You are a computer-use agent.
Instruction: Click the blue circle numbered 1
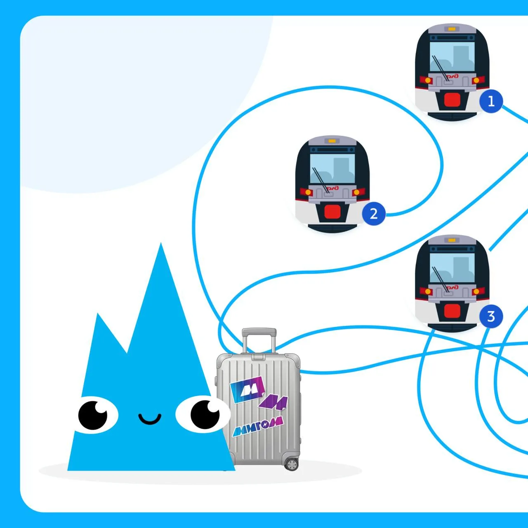click(491, 101)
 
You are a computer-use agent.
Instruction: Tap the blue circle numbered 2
click(373, 214)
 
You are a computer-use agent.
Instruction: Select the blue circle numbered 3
click(491, 316)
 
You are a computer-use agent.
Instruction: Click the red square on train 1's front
click(452, 99)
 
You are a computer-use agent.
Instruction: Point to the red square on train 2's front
click(332, 212)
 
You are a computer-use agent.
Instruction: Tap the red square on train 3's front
click(452, 311)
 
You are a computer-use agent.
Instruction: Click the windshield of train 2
click(332, 169)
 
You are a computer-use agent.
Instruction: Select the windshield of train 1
click(452, 56)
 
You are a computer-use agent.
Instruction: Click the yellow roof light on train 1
click(452, 28)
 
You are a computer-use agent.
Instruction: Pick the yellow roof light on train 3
click(452, 240)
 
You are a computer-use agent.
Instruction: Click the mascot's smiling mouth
click(150, 419)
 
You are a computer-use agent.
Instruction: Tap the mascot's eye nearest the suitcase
click(203, 414)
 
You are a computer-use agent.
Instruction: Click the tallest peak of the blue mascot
click(161, 243)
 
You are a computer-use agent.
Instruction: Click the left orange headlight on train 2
click(308, 192)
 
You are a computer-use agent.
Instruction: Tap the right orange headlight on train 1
click(476, 80)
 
